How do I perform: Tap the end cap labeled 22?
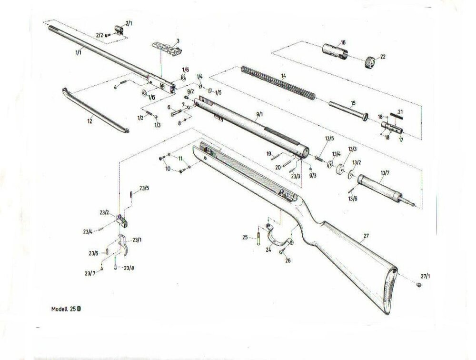(370, 62)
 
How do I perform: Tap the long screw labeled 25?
(258, 236)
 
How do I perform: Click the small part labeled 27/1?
(418, 284)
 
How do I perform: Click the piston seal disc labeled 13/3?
(340, 170)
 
